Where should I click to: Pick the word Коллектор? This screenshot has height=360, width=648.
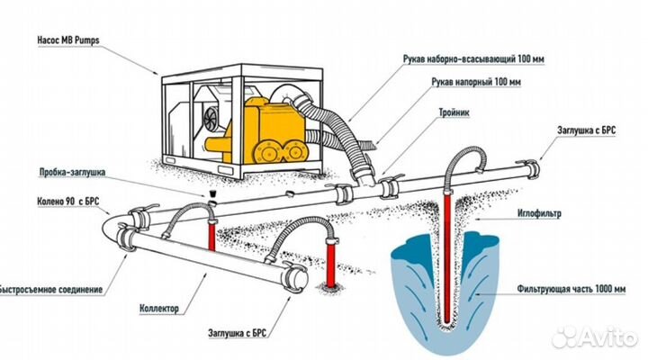coord(164,309)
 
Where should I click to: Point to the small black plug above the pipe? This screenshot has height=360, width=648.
coord(211,193)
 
